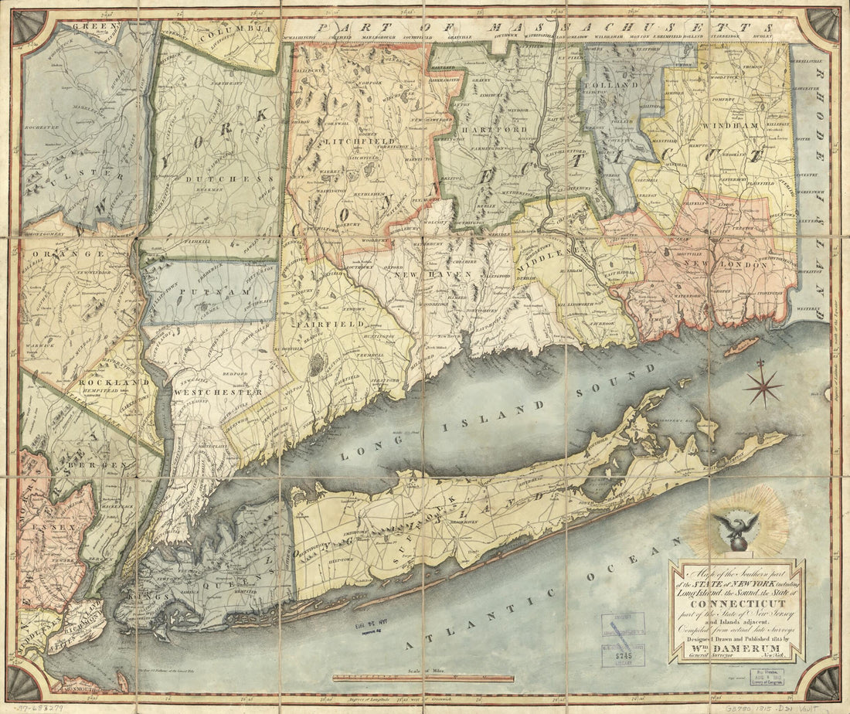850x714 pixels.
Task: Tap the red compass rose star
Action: (x=763, y=386)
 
